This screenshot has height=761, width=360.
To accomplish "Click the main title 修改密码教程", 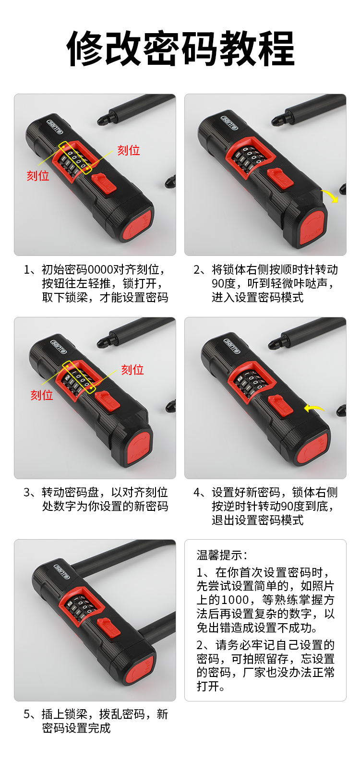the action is click(x=180, y=48).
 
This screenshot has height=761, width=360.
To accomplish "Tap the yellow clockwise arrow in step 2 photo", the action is click(x=331, y=195).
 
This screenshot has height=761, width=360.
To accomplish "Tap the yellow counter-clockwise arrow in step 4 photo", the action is click(x=313, y=408).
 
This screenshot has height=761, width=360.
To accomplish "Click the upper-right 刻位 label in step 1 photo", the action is click(x=129, y=150).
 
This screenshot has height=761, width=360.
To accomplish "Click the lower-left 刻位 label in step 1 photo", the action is click(x=38, y=176).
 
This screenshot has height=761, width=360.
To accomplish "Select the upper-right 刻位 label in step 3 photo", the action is click(x=132, y=370).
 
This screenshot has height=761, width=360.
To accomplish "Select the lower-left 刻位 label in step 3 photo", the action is click(x=42, y=395).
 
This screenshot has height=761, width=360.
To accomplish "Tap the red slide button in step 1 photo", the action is click(x=104, y=184).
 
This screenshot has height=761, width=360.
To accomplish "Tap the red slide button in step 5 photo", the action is click(x=108, y=628).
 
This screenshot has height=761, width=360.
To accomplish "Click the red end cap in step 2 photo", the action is click(x=312, y=226).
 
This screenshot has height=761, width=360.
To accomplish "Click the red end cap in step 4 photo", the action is click(x=312, y=448).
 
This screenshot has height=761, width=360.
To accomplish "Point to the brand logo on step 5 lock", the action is click(x=62, y=572).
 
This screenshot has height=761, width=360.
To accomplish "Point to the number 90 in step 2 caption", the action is click(x=218, y=283).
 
